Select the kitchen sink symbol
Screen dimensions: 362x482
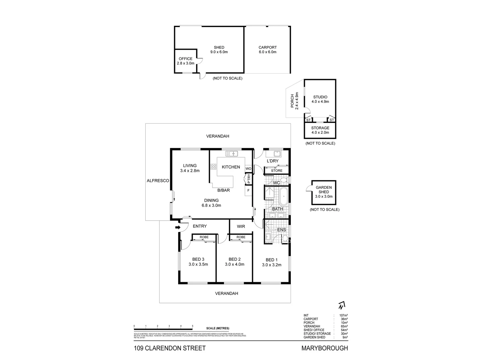(232, 154)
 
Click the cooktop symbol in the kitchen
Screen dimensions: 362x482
(213, 167)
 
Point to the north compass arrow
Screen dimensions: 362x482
(341, 305)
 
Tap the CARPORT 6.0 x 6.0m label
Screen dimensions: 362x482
(267, 50)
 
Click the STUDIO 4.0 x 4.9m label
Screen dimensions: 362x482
(320, 99)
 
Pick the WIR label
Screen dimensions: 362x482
(241, 226)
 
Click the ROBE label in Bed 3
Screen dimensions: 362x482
(204, 237)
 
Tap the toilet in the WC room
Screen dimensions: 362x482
(284, 181)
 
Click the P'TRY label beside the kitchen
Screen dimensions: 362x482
(249, 179)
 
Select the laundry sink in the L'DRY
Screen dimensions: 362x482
(277, 154)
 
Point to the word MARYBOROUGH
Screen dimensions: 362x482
(325, 348)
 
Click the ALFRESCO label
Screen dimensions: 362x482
(158, 180)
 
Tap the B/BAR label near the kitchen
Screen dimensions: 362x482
(224, 190)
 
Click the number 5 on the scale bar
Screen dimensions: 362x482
(192, 326)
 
